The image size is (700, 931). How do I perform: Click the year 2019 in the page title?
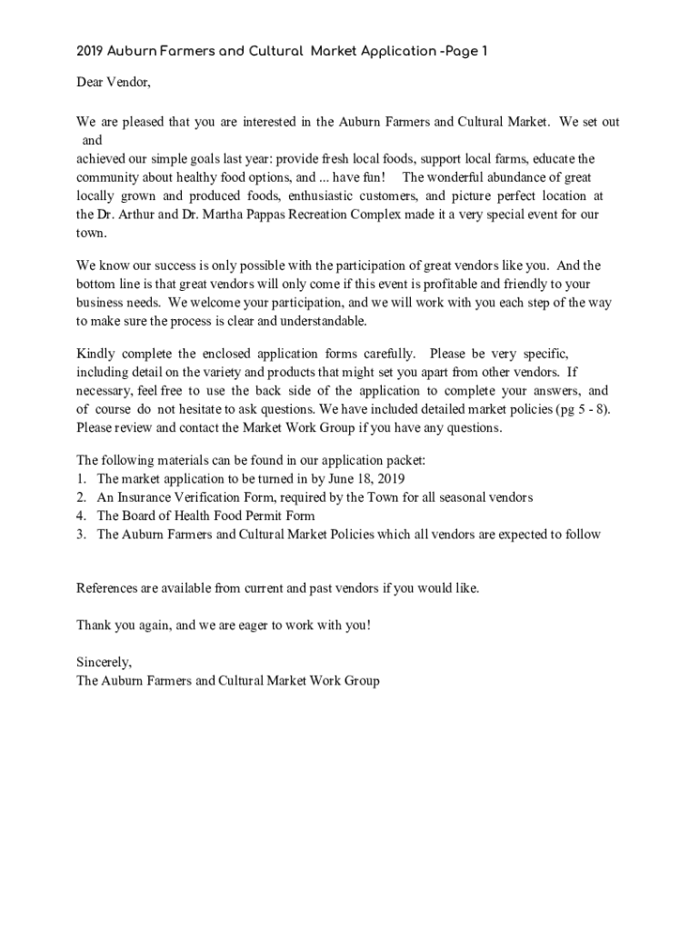click(x=90, y=52)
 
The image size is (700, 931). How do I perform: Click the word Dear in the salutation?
click(x=92, y=84)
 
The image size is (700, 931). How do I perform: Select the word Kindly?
click(x=95, y=353)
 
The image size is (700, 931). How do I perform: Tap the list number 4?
click(x=81, y=516)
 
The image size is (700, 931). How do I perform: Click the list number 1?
click(x=81, y=479)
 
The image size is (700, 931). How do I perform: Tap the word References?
click(x=107, y=588)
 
